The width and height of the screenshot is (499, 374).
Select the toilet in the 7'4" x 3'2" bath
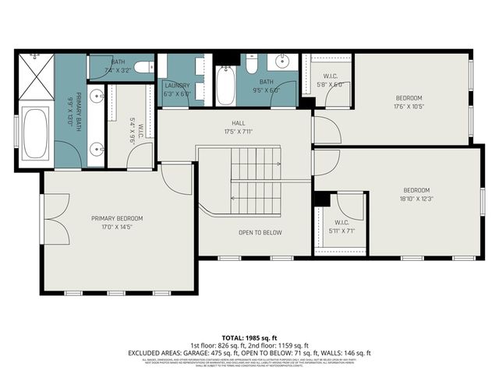click(x=143, y=69)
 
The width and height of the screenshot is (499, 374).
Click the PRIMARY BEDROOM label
click(x=117, y=218)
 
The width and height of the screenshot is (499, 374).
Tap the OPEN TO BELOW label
click(x=260, y=232)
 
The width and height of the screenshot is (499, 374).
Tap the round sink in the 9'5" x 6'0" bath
click(x=282, y=62)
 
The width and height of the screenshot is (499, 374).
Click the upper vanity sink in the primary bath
click(x=97, y=97)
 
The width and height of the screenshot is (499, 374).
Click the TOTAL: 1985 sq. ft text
click(x=249, y=336)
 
